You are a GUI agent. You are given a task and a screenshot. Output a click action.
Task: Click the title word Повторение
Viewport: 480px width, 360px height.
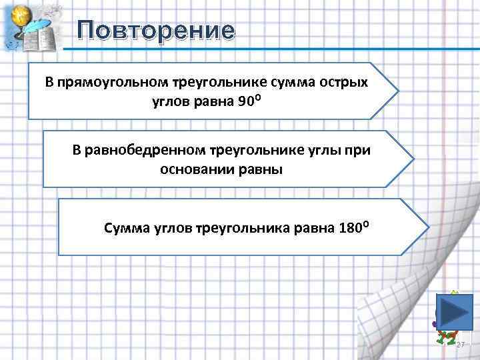click(156, 31)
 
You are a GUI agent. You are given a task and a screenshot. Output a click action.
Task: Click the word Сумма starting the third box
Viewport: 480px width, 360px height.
click(123, 228)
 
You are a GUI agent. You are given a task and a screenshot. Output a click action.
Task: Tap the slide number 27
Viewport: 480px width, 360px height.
click(460, 344)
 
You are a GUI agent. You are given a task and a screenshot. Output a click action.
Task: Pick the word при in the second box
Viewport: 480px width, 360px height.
click(357, 150)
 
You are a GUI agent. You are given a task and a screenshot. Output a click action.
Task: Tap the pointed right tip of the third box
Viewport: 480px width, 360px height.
click(428, 227)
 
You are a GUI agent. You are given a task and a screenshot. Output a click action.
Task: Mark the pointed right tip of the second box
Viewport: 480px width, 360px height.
click(413, 159)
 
